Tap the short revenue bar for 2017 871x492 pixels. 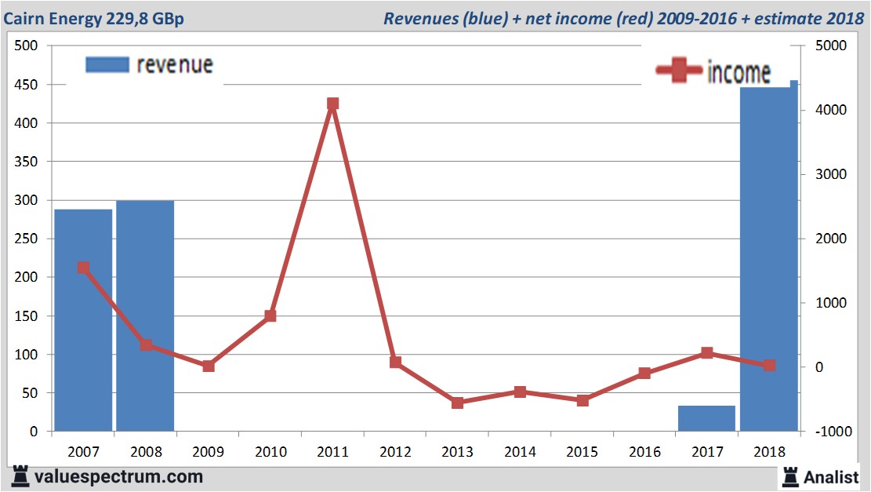click(706, 418)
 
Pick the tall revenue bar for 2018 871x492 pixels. click(769, 259)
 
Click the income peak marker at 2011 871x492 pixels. click(332, 104)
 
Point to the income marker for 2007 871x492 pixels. click(83, 268)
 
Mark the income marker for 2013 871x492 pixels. click(457, 403)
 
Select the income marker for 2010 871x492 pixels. click(270, 316)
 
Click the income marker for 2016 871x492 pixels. click(644, 374)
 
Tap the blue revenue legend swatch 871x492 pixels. click(107, 65)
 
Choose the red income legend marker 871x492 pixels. click(679, 71)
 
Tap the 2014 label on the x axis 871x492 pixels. click(520, 453)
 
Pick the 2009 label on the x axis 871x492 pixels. click(208, 453)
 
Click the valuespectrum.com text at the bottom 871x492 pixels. click(118, 476)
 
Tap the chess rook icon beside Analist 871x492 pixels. click(790, 476)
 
